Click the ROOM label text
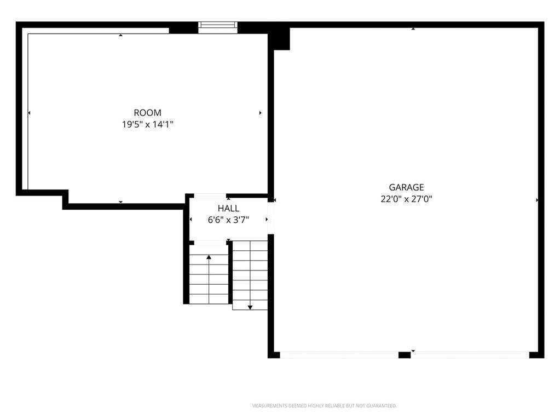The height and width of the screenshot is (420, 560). click(147, 113)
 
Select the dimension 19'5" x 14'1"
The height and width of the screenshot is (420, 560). click(147, 125)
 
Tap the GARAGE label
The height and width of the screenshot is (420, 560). click(406, 187)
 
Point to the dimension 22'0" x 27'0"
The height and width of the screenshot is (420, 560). click(406, 199)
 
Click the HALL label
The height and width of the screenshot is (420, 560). click(229, 209)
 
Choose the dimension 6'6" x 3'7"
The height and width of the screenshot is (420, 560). click(228, 220)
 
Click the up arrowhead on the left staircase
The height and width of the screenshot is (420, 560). click(209, 257)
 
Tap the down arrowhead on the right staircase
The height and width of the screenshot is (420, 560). click(250, 307)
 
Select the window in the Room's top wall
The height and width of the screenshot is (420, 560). click(218, 27)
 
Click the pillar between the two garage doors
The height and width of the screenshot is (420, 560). click(405, 355)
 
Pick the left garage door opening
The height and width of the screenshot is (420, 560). click(339, 355)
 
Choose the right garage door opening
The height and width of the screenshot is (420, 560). click(470, 355)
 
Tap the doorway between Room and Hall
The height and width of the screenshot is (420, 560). click(210, 195)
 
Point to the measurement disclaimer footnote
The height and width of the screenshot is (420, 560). click(324, 406)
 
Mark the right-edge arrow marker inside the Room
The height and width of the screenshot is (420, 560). click(261, 113)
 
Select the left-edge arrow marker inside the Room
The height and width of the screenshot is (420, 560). click(29, 113)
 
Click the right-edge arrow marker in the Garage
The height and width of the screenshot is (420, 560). click(537, 200)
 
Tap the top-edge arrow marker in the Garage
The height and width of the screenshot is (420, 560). click(413, 28)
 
